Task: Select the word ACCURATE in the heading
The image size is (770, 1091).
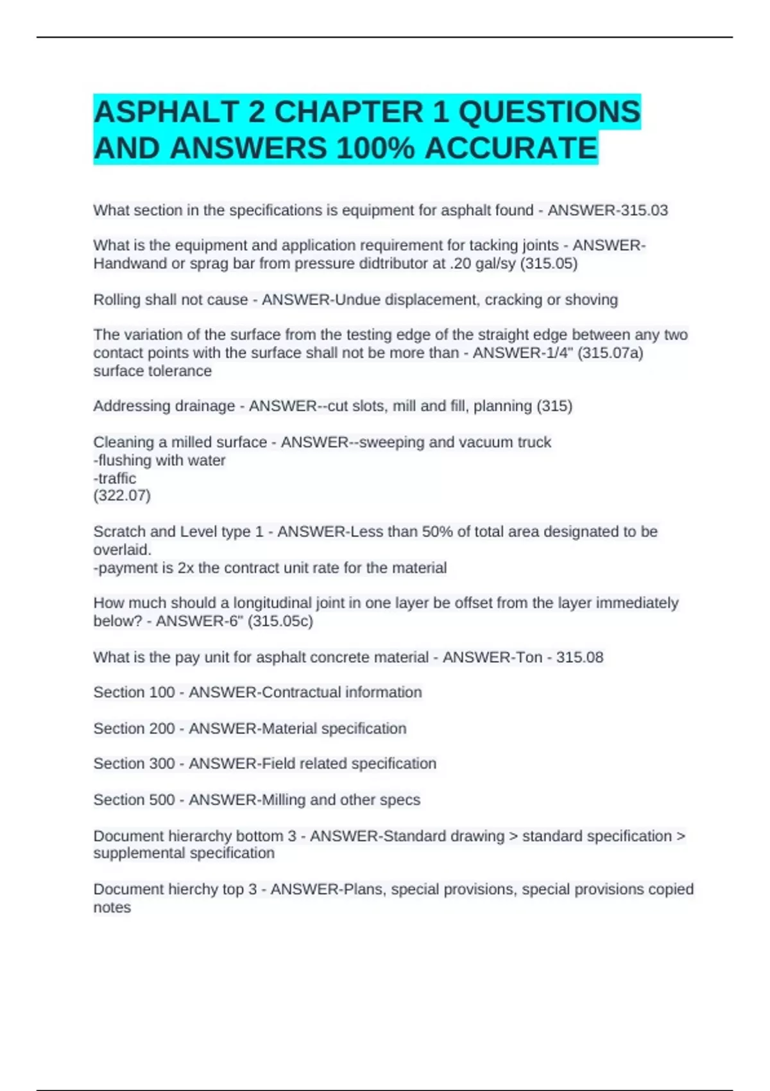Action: coord(511,149)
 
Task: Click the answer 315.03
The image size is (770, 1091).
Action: coord(641,210)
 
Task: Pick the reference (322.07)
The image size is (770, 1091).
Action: coord(122,495)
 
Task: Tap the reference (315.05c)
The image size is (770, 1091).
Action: coord(280,621)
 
